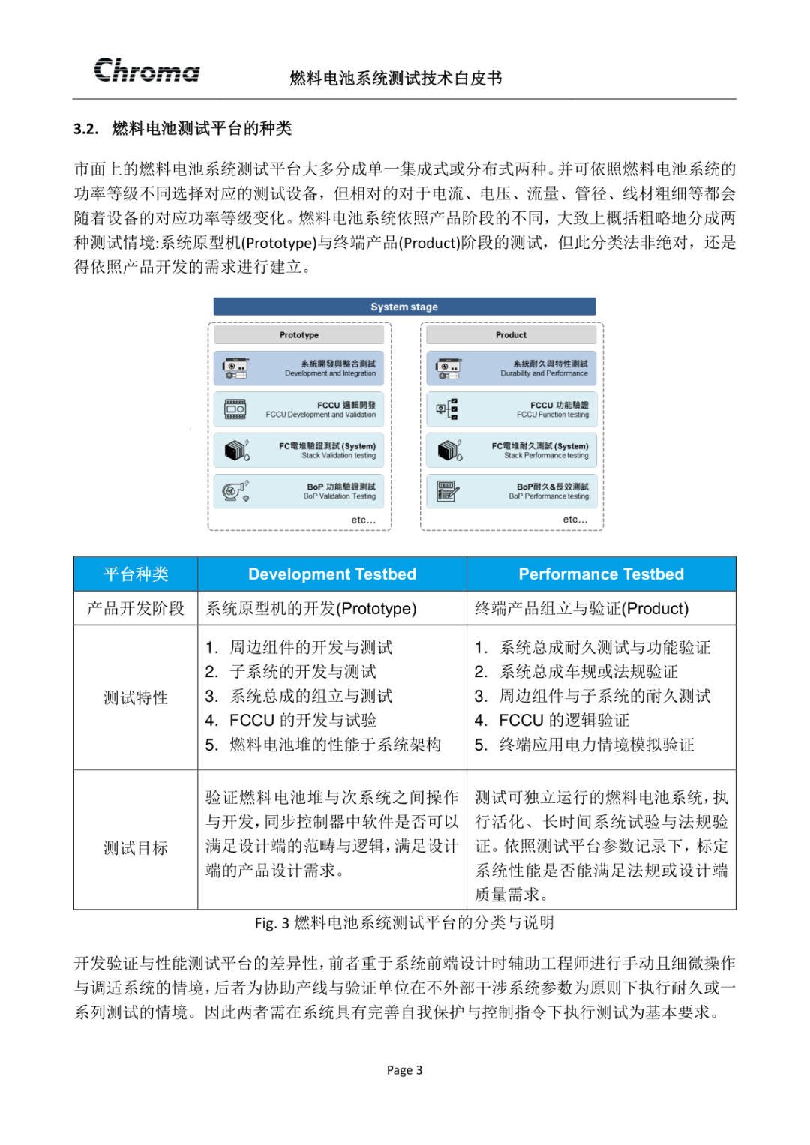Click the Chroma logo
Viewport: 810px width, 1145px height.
click(147, 70)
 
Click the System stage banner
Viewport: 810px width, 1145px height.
click(404, 307)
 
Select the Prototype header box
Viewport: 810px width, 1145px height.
click(299, 335)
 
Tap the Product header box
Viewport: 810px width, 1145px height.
click(511, 335)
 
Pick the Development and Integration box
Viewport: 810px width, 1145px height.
click(298, 368)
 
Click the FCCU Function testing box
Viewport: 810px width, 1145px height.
click(511, 409)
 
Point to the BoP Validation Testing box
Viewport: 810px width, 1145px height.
click(298, 491)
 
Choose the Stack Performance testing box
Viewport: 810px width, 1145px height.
click(511, 451)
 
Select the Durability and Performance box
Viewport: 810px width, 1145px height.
click(511, 368)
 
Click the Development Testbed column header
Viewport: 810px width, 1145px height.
click(331, 574)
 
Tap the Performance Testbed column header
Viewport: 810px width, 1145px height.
click(601, 574)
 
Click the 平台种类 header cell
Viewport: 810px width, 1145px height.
click(136, 574)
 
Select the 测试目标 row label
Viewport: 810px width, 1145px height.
click(136, 848)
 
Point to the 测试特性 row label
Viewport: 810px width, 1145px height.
click(136, 698)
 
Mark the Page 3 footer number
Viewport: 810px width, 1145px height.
click(404, 1070)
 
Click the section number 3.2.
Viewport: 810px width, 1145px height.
click(86, 129)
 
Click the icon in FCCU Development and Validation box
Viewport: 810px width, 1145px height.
click(235, 409)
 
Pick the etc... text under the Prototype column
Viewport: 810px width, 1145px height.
click(364, 520)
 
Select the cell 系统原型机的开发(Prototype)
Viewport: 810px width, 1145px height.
click(311, 608)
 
